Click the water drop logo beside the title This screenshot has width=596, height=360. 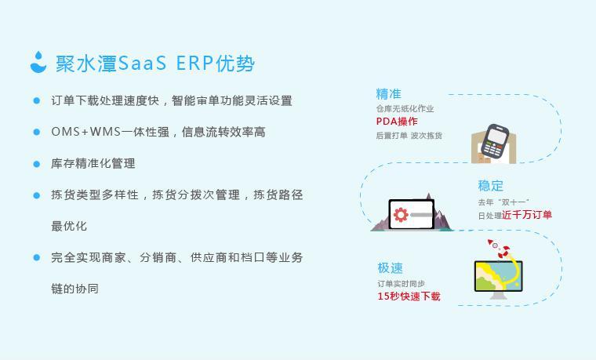(x=38, y=62)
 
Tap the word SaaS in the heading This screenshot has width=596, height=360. (x=142, y=64)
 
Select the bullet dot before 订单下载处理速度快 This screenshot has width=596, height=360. (x=37, y=100)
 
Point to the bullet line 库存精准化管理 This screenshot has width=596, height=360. (x=93, y=163)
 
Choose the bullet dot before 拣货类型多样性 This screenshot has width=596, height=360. (x=37, y=195)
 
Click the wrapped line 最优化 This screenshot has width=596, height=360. (x=69, y=226)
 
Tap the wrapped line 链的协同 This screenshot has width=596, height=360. (x=75, y=289)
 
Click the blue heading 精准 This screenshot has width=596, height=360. (x=388, y=94)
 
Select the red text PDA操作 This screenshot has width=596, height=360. (x=397, y=122)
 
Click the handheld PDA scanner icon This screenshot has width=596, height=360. (x=494, y=141)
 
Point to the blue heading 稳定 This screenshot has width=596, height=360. (x=491, y=186)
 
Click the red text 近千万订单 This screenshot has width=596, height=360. (x=527, y=215)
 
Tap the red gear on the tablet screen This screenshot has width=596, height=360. (x=401, y=214)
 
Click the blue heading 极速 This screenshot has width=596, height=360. (x=390, y=268)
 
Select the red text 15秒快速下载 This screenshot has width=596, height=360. (x=409, y=296)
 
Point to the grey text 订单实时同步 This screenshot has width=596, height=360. (x=401, y=283)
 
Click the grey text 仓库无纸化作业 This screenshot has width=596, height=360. (x=405, y=109)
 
